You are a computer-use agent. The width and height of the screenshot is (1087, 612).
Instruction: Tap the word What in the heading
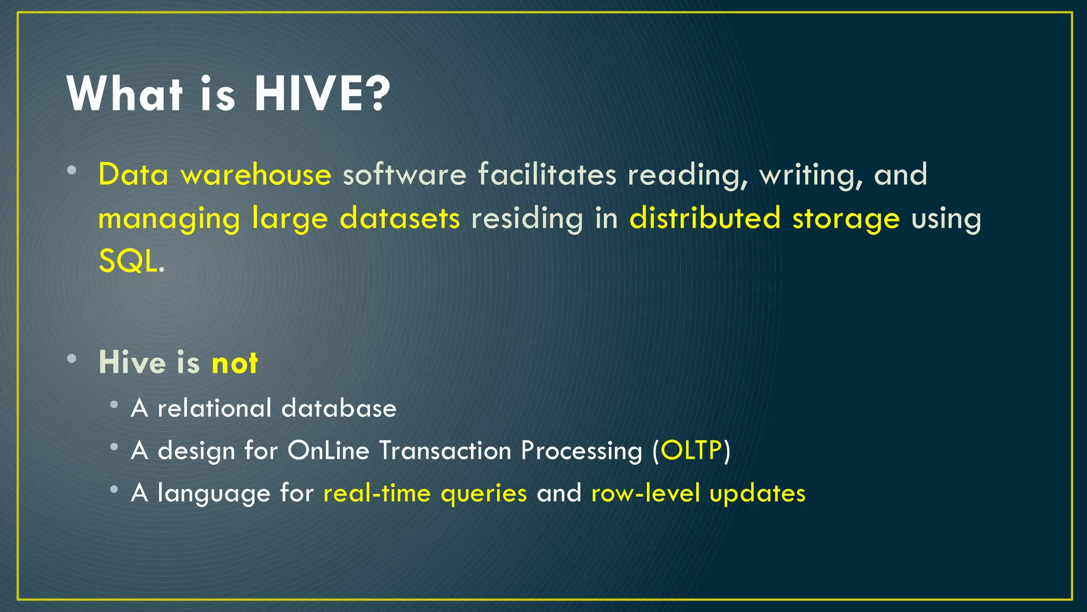coord(125,94)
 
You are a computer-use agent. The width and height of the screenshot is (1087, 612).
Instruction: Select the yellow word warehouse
coord(256,175)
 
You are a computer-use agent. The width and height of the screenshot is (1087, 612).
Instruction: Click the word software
coord(404,175)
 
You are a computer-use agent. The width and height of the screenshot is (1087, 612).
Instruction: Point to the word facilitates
coord(547,175)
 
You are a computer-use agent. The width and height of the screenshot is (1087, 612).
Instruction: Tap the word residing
coord(527,218)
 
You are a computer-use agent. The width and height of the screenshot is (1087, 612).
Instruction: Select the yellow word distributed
coord(705,218)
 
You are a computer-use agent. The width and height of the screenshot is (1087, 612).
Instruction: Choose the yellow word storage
coord(846,219)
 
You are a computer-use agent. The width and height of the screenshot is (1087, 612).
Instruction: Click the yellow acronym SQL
coord(128,261)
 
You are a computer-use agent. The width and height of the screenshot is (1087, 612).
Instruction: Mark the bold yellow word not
coord(235,363)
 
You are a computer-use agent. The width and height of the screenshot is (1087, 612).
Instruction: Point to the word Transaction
coord(445,450)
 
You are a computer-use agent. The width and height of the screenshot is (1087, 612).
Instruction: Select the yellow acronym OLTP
coord(692,450)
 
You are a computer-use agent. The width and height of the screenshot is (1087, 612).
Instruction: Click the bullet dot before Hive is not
coord(72,359)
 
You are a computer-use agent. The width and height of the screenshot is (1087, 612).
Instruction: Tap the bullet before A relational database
coord(114,405)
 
